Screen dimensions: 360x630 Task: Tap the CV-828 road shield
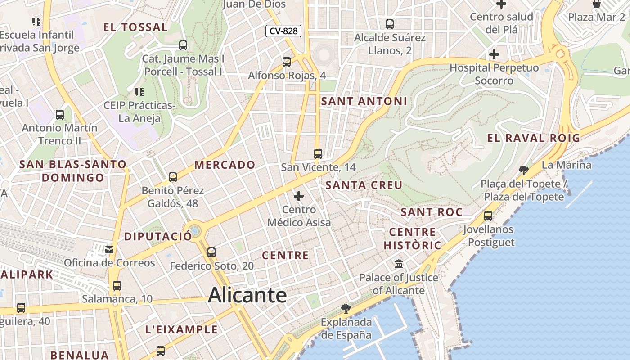point(283,31)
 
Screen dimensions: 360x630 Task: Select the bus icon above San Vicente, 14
point(318,153)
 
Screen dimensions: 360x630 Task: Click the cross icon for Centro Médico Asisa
point(299,196)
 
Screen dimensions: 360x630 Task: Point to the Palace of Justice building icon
point(399,264)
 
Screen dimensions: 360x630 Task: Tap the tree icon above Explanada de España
point(346,308)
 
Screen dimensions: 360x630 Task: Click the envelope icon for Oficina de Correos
point(109,249)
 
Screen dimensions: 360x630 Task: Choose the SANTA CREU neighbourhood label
point(364,185)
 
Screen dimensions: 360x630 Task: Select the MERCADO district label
point(225,165)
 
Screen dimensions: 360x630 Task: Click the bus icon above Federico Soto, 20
point(211,252)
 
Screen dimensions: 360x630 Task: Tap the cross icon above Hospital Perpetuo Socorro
point(494,54)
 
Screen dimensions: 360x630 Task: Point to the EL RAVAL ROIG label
point(534,138)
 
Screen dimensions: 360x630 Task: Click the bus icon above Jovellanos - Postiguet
point(488,216)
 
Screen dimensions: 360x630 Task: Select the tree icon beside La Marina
point(523,170)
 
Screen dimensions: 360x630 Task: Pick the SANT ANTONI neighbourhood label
point(364,101)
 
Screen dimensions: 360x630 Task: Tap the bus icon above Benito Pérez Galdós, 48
point(173,177)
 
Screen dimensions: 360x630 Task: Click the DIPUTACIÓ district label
point(157,236)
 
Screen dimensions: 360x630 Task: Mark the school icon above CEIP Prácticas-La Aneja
point(139,92)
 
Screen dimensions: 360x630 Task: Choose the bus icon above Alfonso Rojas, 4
point(287,62)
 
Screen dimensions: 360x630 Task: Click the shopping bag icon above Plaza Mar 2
point(597,4)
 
